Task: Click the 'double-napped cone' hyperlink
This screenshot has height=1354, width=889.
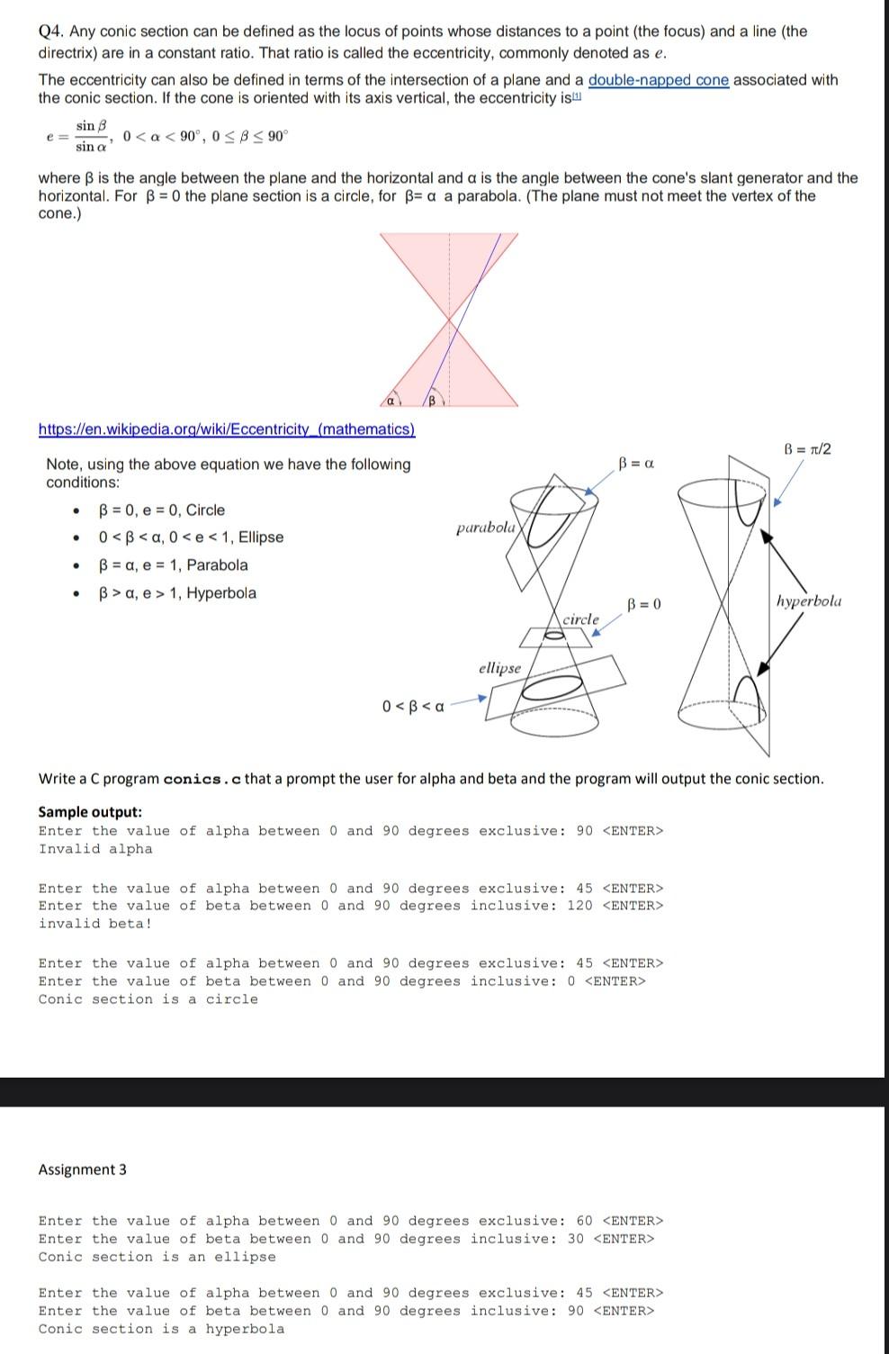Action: coord(658,80)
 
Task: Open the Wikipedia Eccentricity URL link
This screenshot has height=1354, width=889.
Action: coord(227,429)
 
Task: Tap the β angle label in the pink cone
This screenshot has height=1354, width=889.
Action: coord(431,399)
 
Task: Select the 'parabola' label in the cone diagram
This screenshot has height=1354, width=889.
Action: coord(486,528)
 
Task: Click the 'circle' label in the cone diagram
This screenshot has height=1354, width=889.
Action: coord(580,619)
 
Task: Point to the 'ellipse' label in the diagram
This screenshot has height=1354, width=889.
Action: coord(499,668)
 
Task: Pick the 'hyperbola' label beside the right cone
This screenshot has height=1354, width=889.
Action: coord(809,600)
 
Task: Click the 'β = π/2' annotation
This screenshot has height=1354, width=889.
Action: coord(807,449)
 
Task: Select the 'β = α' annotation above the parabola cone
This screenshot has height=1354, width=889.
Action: coord(636,464)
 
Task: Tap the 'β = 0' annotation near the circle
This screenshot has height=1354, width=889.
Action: coord(643,603)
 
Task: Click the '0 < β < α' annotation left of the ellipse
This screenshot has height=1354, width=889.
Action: coord(413,706)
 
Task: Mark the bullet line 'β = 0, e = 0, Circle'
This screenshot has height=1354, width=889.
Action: coord(162,510)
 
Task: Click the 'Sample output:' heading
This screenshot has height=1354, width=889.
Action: coord(90,812)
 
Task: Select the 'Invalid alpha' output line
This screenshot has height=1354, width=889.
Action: coord(95,849)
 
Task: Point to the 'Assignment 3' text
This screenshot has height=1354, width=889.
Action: coord(82,1169)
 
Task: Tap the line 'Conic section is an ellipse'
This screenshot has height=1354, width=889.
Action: coord(157,1257)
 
